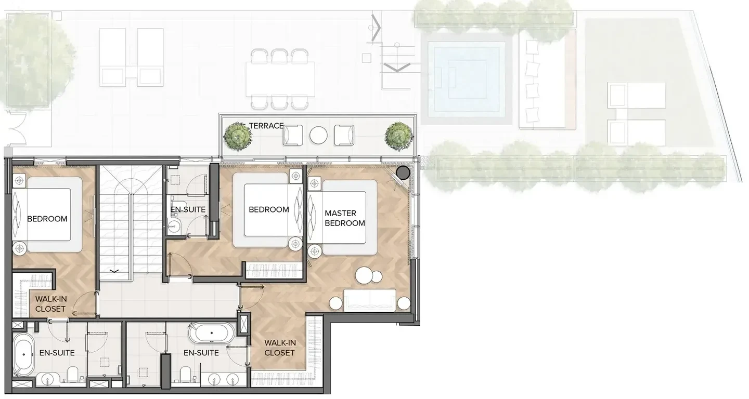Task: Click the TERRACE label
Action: tap(266, 126)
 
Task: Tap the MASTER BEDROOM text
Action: tap(345, 218)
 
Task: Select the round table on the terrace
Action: tap(318, 135)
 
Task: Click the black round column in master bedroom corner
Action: tap(403, 172)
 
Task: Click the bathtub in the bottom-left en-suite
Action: tap(23, 354)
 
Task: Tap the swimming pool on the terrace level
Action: tap(467, 79)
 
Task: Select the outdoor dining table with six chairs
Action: tap(280, 79)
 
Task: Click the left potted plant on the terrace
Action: tap(238, 136)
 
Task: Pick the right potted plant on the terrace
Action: tap(399, 136)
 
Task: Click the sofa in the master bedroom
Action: tap(370, 300)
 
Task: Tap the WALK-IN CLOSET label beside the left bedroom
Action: tap(50, 304)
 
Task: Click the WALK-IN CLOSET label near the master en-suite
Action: tap(279, 348)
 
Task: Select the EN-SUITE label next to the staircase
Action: tap(188, 210)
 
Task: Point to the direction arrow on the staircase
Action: tap(114, 271)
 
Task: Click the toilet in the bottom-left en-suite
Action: tap(73, 374)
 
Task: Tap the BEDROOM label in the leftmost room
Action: tap(47, 219)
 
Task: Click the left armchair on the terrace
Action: tap(293, 135)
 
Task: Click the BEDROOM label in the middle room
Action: tap(269, 210)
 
